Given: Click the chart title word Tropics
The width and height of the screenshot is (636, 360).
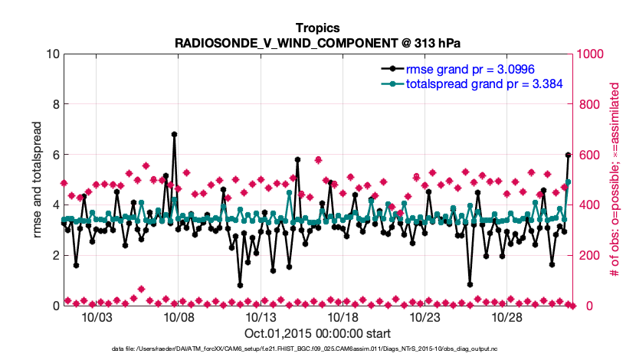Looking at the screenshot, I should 317,28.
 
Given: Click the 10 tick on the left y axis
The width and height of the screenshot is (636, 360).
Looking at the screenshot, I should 52,54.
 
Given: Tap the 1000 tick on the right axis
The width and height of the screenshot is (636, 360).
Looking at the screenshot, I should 592,54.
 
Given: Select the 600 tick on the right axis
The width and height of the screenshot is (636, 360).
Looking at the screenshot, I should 588,155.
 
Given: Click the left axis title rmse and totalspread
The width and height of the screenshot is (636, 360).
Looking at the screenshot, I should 37,180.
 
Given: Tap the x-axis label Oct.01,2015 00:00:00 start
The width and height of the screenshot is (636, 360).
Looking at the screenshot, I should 317,333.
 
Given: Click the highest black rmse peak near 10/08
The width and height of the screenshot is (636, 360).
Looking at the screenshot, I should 175,134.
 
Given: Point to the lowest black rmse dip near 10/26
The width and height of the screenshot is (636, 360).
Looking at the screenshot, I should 470,285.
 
